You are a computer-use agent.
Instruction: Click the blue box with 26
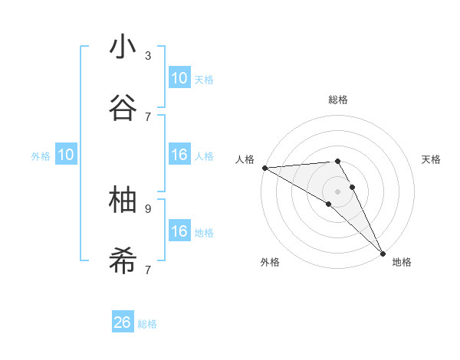[123, 322]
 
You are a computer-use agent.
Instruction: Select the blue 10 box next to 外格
[66, 155]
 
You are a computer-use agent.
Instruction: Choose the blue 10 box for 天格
[179, 78]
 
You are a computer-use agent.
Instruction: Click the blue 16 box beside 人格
[179, 155]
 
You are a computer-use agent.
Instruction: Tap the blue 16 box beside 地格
[179, 231]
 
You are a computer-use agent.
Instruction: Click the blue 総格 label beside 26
[147, 324]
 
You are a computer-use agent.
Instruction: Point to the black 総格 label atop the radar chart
[338, 100]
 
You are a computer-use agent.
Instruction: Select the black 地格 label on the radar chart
[402, 262]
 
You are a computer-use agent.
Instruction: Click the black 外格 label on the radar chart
[270, 262]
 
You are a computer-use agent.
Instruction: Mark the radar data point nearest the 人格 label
[264, 168]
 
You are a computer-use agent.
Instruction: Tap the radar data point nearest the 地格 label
[383, 253]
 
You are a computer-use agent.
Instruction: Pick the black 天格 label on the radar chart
[432, 159]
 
